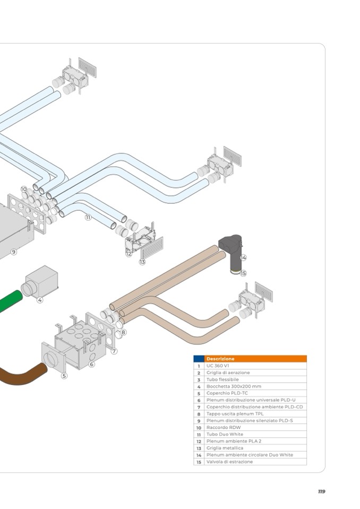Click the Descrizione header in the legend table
point(220,359)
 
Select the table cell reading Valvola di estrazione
point(229,462)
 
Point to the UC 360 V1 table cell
point(218,366)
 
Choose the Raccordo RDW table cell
point(220,427)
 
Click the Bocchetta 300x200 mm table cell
point(226,386)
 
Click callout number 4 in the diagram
point(40,300)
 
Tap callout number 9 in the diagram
point(14,252)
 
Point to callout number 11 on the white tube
point(88,217)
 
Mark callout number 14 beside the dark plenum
point(243,257)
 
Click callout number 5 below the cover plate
point(64,376)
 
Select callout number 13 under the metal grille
point(142,262)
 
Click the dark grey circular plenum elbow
point(232,249)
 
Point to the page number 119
point(321,491)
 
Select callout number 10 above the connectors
point(24,189)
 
